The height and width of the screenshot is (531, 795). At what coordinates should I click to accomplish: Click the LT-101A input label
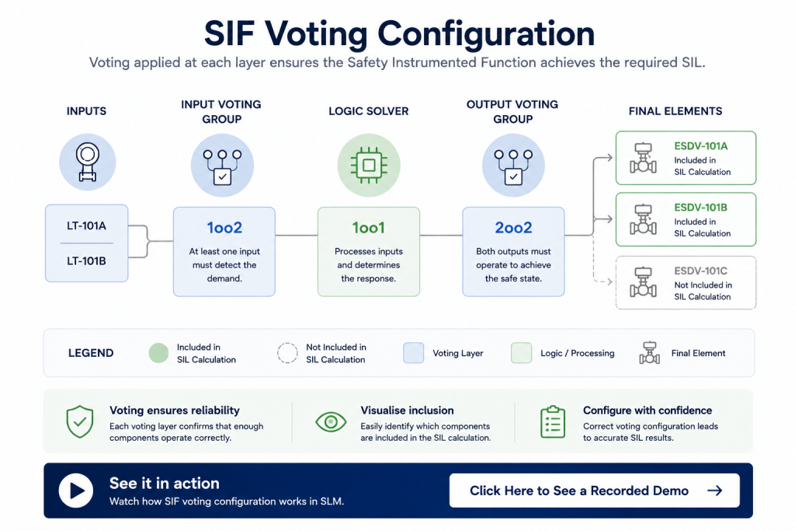pyautogui.click(x=86, y=226)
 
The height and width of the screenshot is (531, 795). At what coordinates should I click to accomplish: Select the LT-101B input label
pyautogui.click(x=86, y=261)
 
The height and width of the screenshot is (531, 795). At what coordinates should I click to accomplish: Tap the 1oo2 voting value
pyautogui.click(x=224, y=228)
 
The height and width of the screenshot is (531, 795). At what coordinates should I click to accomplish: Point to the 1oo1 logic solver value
pyautogui.click(x=369, y=228)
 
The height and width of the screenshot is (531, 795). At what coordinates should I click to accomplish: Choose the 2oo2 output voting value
pyautogui.click(x=513, y=228)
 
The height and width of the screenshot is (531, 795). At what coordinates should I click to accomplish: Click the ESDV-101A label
pyautogui.click(x=701, y=146)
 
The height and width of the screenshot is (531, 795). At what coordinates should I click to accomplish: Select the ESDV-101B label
pyautogui.click(x=701, y=208)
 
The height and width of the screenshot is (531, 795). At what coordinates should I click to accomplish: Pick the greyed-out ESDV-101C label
pyautogui.click(x=701, y=271)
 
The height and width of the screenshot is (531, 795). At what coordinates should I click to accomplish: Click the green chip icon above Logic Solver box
pyautogui.click(x=369, y=165)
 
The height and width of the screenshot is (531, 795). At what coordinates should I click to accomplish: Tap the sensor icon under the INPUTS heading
pyautogui.click(x=87, y=162)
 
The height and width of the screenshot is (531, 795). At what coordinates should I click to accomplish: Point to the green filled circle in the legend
pyautogui.click(x=158, y=353)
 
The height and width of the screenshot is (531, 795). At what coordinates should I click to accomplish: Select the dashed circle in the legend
pyautogui.click(x=287, y=353)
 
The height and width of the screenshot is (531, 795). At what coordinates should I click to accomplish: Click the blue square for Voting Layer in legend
pyautogui.click(x=413, y=353)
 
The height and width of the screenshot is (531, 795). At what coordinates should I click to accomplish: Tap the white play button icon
pyautogui.click(x=76, y=491)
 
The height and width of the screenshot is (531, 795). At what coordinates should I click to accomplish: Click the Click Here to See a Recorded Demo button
pyautogui.click(x=594, y=491)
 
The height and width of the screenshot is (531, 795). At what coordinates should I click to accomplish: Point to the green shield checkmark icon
pyautogui.click(x=80, y=422)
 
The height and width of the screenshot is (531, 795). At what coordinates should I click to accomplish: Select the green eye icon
pyautogui.click(x=331, y=422)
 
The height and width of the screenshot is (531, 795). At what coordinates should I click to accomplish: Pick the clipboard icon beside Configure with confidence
pyautogui.click(x=553, y=422)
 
